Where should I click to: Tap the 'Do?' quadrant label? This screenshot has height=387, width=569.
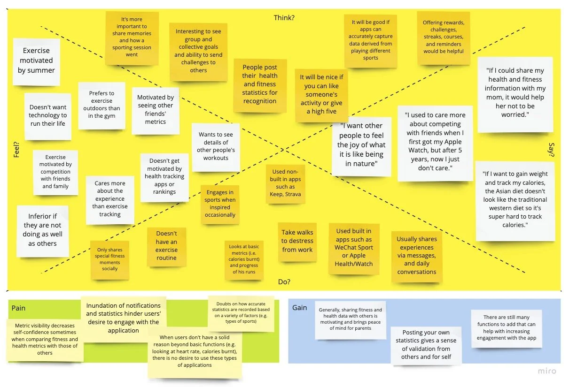point(284,282)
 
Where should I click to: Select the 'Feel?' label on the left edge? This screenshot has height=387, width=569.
point(16,149)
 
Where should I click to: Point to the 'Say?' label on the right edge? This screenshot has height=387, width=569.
point(552,149)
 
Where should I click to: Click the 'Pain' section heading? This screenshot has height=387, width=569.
point(18,308)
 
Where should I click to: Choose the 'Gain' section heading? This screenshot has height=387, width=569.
point(299,308)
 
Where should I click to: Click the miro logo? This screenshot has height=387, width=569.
point(547,371)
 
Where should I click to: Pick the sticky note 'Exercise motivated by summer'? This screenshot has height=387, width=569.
point(36,61)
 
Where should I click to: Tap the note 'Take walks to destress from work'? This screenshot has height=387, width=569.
point(297,241)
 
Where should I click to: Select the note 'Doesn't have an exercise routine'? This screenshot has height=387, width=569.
point(166,246)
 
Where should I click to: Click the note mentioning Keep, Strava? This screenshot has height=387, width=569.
point(285,183)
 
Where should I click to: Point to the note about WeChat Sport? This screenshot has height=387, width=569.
point(354,248)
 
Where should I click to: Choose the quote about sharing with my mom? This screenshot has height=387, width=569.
point(514,93)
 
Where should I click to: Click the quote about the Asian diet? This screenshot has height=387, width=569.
point(515,199)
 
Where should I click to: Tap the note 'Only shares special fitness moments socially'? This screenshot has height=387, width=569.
point(109,259)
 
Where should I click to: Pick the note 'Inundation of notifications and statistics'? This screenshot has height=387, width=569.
point(123,318)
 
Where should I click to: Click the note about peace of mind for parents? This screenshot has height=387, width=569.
point(350,319)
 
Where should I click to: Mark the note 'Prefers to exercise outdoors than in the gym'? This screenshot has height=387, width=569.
point(101,105)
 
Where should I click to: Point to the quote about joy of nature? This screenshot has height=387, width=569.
point(361,145)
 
